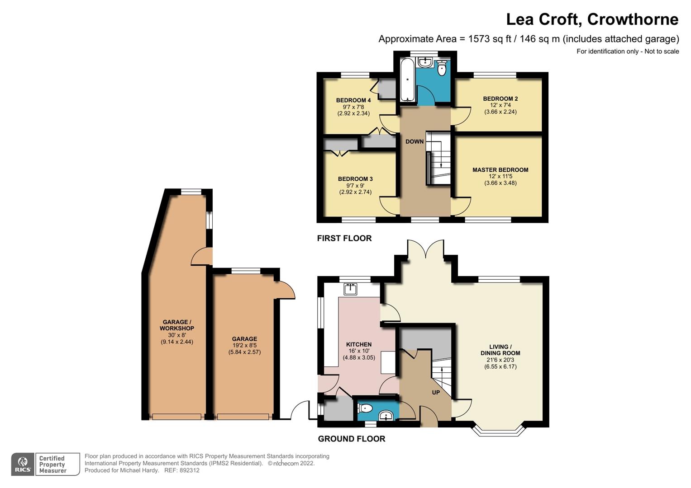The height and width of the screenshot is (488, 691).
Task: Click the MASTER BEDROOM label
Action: click(500, 170)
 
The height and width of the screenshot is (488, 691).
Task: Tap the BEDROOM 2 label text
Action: click(500, 99)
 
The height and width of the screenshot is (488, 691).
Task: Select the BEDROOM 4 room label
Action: click(353, 100)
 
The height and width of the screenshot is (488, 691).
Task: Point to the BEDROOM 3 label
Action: click(355, 179)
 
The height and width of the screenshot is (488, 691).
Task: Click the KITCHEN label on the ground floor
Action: click(358, 344)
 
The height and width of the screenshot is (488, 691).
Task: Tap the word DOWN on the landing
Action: click(414, 141)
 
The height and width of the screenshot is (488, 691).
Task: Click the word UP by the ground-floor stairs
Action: click(435, 392)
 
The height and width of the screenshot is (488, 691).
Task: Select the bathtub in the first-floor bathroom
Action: click(407, 80)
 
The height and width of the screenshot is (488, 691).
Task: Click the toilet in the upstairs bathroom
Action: click(442, 69)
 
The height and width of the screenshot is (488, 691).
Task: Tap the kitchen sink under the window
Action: click(350, 288)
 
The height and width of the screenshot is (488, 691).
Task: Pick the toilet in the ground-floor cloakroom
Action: click(365, 408)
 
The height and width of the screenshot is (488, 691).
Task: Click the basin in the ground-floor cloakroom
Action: click(386, 415)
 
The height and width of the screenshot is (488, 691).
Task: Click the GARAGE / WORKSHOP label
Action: click(176, 325)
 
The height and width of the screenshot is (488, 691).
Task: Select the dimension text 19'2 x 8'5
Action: click(244, 345)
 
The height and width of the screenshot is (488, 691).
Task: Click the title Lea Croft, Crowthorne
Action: click(592, 19)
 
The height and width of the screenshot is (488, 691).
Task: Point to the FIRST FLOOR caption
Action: click(344, 238)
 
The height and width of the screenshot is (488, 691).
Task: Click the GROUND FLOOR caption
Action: click(351, 439)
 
